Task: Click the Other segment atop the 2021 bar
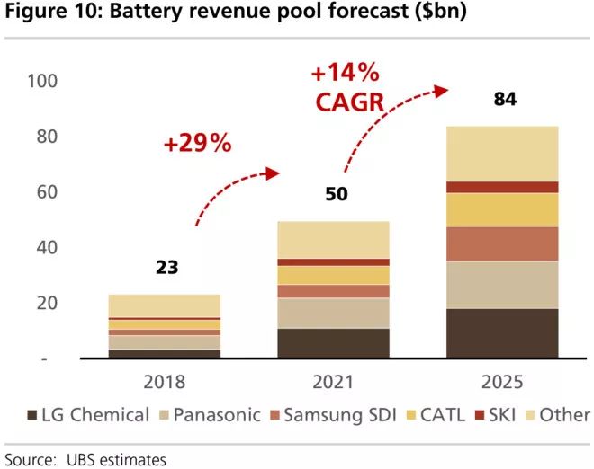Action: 333,240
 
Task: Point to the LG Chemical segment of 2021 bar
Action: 333,343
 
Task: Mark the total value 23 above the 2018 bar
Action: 166,267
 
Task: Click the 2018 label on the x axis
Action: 164,381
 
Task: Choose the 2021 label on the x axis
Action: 334,381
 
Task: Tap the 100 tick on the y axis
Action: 41,81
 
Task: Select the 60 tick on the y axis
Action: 45,191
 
